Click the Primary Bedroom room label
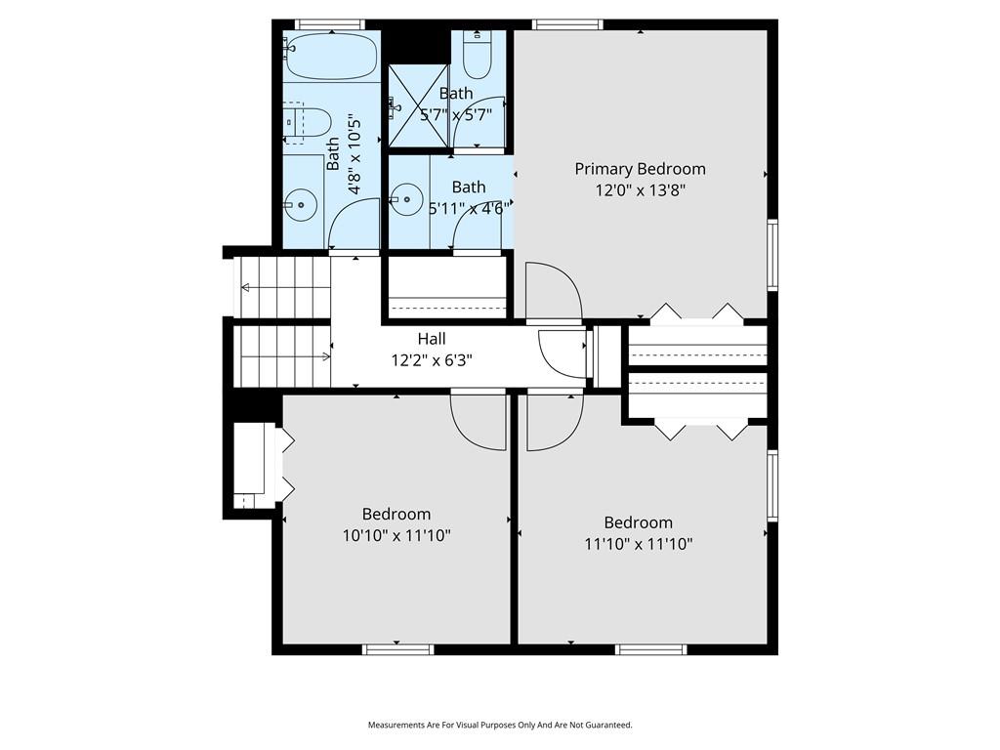[x=640, y=169]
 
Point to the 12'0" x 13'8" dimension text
[x=640, y=190]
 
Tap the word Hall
[x=432, y=339]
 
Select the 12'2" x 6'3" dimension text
[x=432, y=360]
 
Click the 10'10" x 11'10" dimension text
[x=396, y=535]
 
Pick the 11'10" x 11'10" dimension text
[x=639, y=544]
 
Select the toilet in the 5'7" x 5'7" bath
[x=477, y=56]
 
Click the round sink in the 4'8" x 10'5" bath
[x=301, y=205]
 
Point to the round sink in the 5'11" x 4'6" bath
[x=406, y=199]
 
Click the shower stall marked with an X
[x=418, y=105]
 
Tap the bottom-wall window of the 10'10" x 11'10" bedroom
[x=398, y=649]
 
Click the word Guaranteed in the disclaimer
[x=610, y=725]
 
